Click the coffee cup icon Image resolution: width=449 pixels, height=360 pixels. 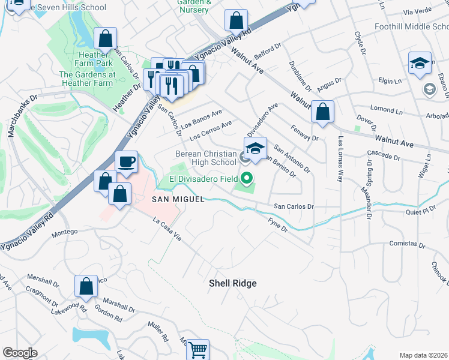click(126, 163)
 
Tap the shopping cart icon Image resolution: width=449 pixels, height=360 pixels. click(197, 349)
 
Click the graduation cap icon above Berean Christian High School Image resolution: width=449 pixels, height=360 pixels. click(255, 148)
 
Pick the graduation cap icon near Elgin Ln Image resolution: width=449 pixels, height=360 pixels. click(420, 63)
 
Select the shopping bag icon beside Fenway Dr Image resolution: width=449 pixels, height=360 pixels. click(323, 112)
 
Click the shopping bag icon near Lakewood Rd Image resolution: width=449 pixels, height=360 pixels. click(86, 286)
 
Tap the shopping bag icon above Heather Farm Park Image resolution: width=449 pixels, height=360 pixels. click(105, 40)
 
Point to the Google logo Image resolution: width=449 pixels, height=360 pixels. click(20, 353)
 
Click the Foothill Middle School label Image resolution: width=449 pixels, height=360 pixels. click(411, 27)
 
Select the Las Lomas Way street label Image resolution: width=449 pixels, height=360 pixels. click(340, 159)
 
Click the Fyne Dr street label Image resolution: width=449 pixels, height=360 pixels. click(277, 226)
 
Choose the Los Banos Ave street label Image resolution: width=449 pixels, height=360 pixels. click(202, 116)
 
